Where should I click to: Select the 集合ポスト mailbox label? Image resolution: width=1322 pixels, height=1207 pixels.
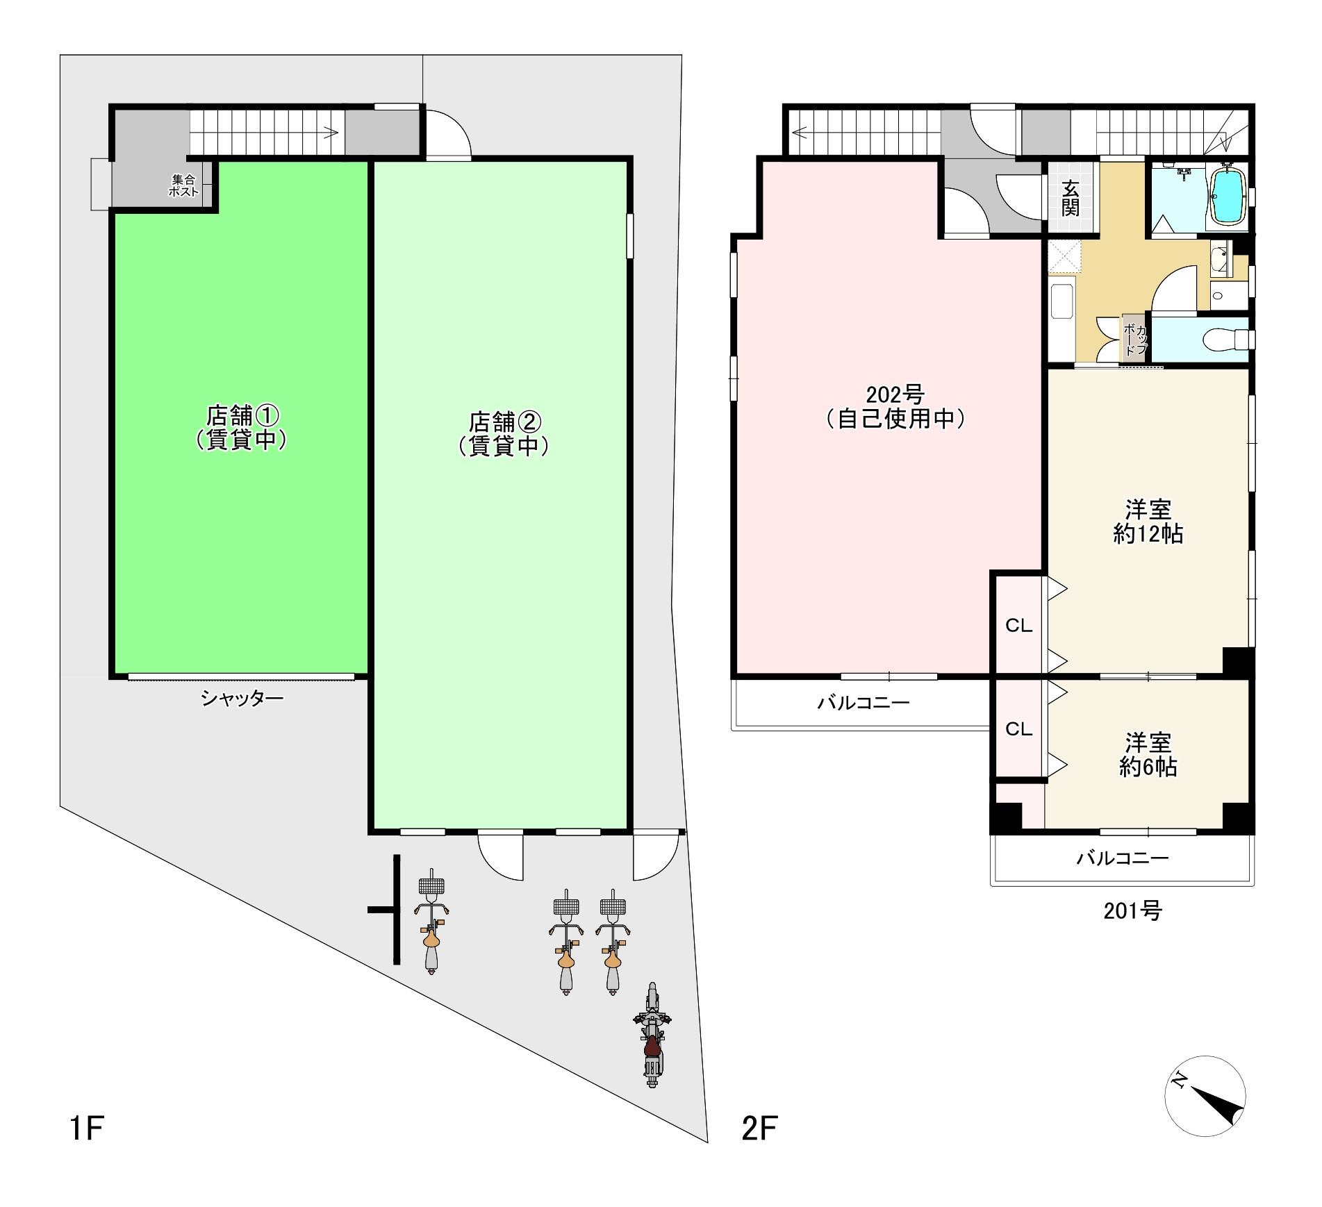183,185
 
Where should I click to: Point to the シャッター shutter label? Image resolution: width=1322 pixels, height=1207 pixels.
242,698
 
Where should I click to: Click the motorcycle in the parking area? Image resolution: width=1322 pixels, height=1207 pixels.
652,1034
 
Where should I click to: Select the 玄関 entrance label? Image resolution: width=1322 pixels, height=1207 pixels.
1071,197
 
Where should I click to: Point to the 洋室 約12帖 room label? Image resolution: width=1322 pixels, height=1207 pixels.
1148,522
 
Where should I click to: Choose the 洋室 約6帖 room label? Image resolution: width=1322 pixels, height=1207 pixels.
1148,755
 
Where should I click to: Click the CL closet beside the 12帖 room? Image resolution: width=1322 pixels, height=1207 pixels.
1018,626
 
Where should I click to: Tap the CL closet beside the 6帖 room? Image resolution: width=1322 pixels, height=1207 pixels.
1018,729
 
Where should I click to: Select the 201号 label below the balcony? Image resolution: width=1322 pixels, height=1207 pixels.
1133,910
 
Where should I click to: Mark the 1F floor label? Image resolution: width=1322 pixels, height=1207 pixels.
87,1129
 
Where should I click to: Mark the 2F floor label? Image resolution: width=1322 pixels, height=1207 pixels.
759,1129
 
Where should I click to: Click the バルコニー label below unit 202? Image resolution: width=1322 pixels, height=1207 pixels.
864,703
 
